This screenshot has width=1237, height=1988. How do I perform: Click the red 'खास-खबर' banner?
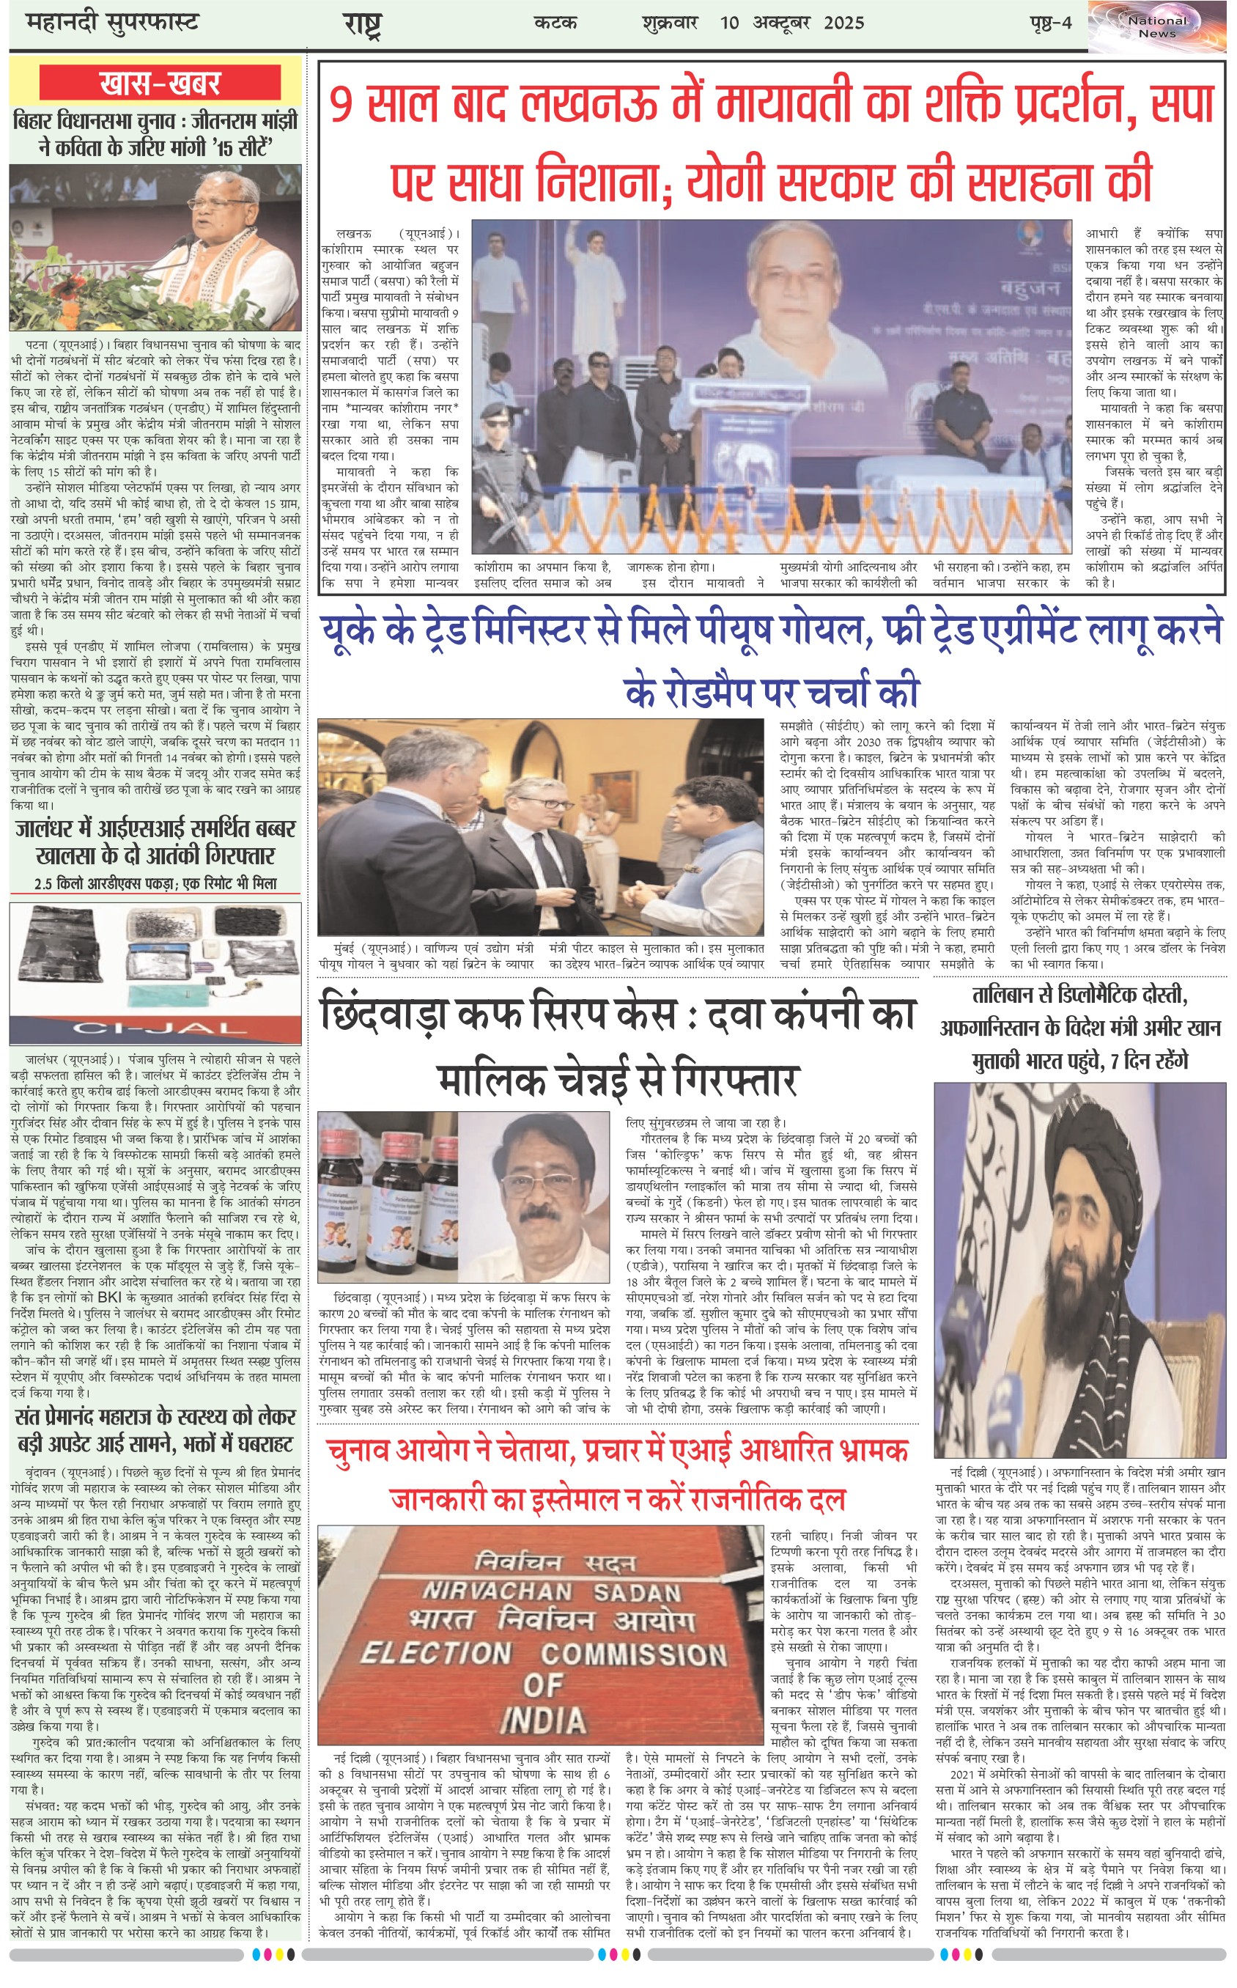point(160,84)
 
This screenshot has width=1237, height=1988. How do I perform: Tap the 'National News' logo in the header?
point(1157,27)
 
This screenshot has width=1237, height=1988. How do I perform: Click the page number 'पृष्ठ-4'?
point(1050,23)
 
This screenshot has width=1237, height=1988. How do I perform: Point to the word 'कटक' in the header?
point(555,23)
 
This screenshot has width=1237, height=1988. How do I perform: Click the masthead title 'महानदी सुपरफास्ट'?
point(112,23)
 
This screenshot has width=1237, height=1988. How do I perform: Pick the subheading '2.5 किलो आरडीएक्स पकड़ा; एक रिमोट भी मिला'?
point(155,883)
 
